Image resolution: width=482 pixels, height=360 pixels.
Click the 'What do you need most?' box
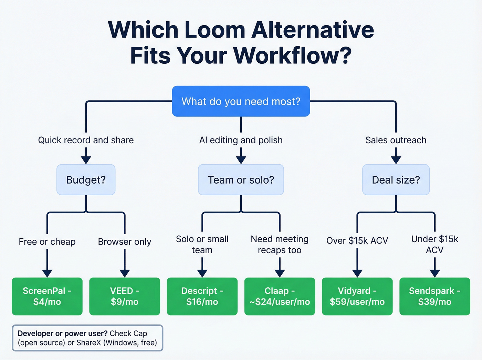click(x=241, y=101)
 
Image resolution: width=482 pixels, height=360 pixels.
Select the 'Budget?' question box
click(x=86, y=180)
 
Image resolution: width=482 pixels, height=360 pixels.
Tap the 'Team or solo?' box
click(x=241, y=180)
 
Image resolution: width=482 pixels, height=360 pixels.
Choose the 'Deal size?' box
click(x=396, y=180)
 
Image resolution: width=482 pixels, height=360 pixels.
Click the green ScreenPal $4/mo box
click(x=47, y=296)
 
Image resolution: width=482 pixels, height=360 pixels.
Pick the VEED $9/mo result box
click(x=125, y=296)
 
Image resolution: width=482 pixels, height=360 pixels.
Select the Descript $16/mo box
click(x=202, y=296)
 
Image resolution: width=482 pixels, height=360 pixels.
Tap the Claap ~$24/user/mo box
click(x=280, y=296)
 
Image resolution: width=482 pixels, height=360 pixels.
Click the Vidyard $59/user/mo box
click(x=357, y=296)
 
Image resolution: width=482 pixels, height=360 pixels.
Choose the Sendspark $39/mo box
click(x=434, y=296)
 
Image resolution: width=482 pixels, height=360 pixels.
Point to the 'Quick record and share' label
click(x=86, y=140)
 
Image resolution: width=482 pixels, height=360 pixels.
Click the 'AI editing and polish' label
click(x=241, y=140)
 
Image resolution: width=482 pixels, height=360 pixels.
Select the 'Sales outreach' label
click(x=396, y=140)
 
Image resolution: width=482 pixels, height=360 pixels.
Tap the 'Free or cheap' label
click(x=47, y=242)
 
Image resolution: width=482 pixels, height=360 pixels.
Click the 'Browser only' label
click(x=125, y=242)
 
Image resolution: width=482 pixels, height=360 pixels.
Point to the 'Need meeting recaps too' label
click(x=280, y=245)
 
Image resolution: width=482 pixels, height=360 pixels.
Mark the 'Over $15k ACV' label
click(x=357, y=240)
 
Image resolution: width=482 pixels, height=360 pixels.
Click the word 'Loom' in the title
click(x=215, y=30)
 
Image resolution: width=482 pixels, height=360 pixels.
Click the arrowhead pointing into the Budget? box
click(x=86, y=160)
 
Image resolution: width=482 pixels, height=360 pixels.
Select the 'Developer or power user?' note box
click(x=87, y=338)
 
